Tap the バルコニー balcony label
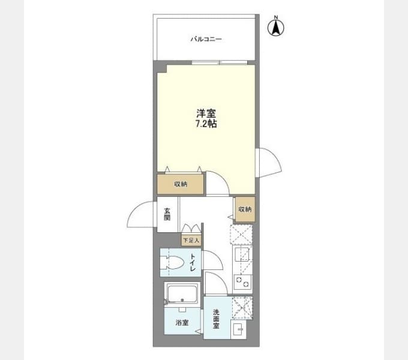pyautogui.click(x=206, y=39)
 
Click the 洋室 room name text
pyautogui.click(x=206, y=113)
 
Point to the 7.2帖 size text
pyautogui.click(x=206, y=124)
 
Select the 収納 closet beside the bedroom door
pyautogui.click(x=181, y=184)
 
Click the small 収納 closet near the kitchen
pyautogui.click(x=245, y=209)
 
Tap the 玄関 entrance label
pyautogui.click(x=167, y=215)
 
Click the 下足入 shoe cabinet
pyautogui.click(x=191, y=240)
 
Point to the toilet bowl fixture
pyautogui.click(x=172, y=262)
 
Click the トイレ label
pyautogui.click(x=193, y=262)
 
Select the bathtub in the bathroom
pyautogui.click(x=182, y=294)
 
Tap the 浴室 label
pyautogui.click(x=182, y=323)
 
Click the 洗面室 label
pyautogui.click(x=216, y=319)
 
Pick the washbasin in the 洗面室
pyautogui.click(x=238, y=330)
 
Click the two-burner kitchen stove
pyautogui.click(x=242, y=282)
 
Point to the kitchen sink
pyautogui.click(x=242, y=254)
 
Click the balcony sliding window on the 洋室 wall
pyautogui.click(x=220, y=62)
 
